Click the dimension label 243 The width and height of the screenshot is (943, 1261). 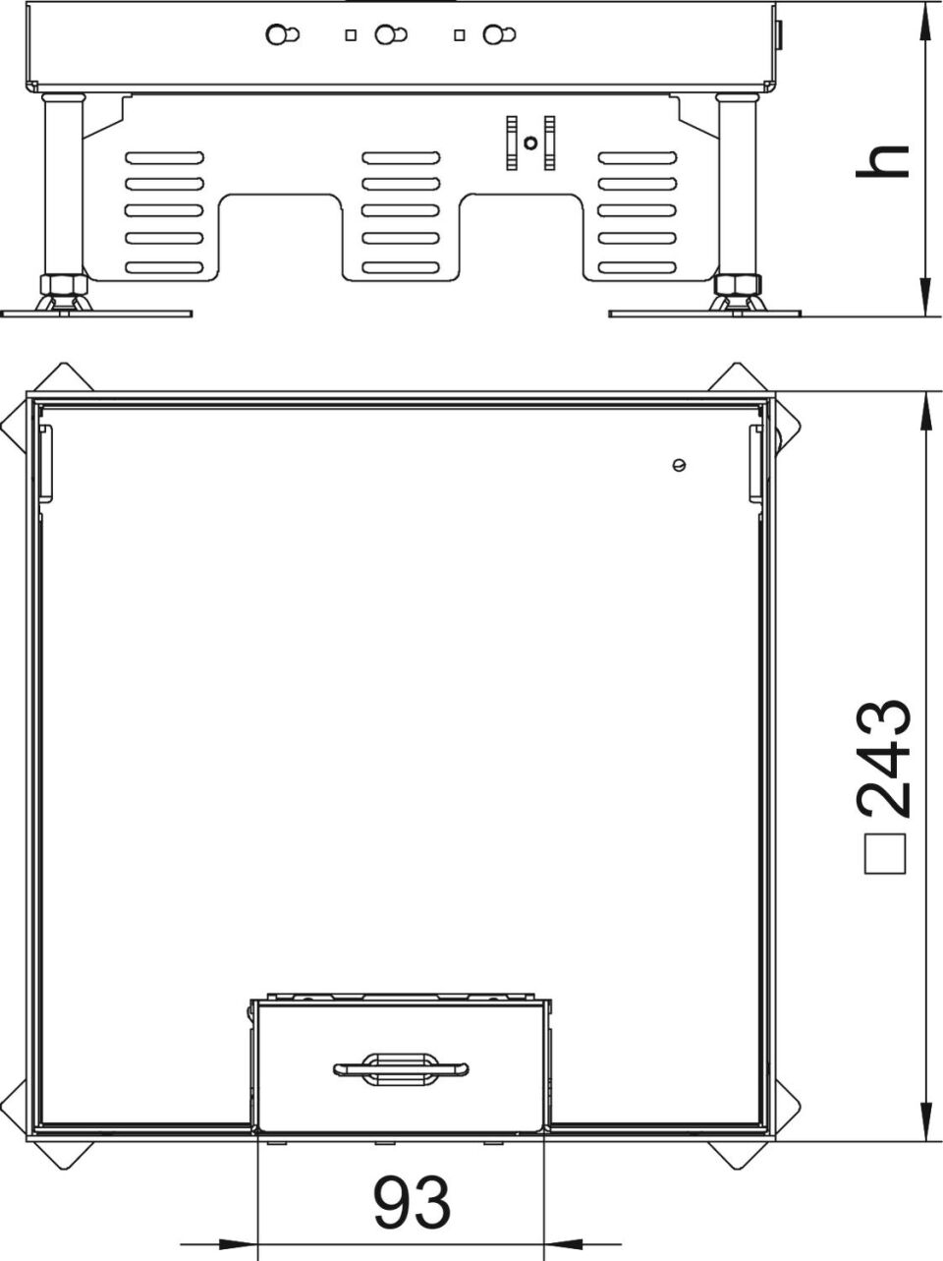click(x=883, y=758)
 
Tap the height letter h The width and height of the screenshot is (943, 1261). click(x=882, y=161)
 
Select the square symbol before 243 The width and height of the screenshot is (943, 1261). click(x=885, y=854)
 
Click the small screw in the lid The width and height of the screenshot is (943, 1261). click(x=680, y=465)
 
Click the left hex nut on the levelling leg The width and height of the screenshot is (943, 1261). click(x=64, y=284)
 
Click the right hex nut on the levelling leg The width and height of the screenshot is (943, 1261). click(x=738, y=284)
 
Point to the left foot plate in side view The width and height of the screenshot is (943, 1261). click(x=96, y=314)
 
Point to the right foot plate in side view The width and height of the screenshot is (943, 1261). click(x=705, y=314)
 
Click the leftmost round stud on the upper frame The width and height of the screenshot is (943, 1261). click(x=282, y=34)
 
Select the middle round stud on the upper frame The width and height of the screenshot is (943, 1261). click(x=390, y=34)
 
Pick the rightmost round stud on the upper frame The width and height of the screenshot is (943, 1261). click(x=499, y=34)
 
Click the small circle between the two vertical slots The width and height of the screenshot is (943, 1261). click(x=530, y=143)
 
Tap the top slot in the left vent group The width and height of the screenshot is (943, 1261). click(x=165, y=157)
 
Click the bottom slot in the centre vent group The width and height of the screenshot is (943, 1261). click(x=401, y=267)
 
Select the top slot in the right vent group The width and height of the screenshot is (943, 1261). click(x=638, y=157)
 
